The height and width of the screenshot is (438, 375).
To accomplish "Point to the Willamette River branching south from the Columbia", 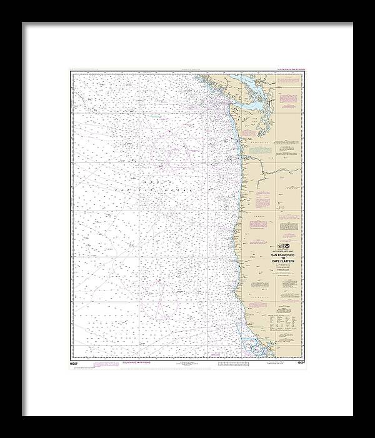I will [258, 187].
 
